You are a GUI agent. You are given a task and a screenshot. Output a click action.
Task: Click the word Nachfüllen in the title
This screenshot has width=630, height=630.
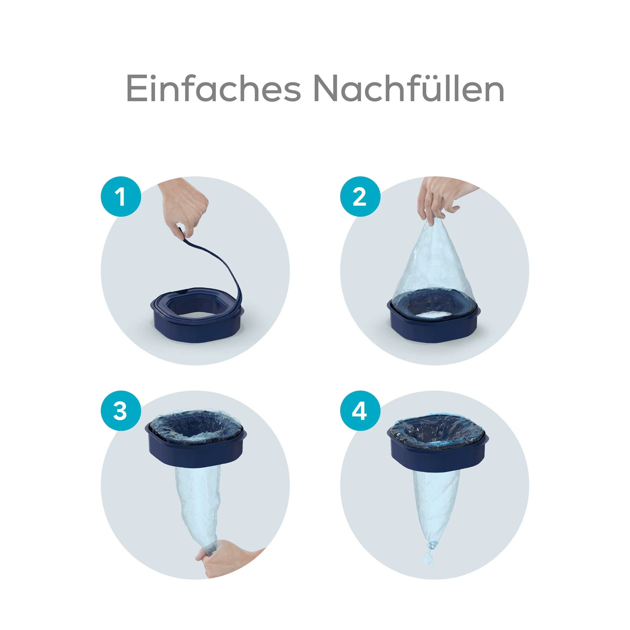pos(409,89)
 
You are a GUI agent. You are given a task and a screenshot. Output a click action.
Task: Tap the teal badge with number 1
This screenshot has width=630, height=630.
pos(121,196)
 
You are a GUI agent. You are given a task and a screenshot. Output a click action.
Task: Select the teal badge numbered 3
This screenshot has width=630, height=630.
pos(121,411)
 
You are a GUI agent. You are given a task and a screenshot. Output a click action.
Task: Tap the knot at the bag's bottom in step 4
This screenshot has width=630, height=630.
pos(432,545)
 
